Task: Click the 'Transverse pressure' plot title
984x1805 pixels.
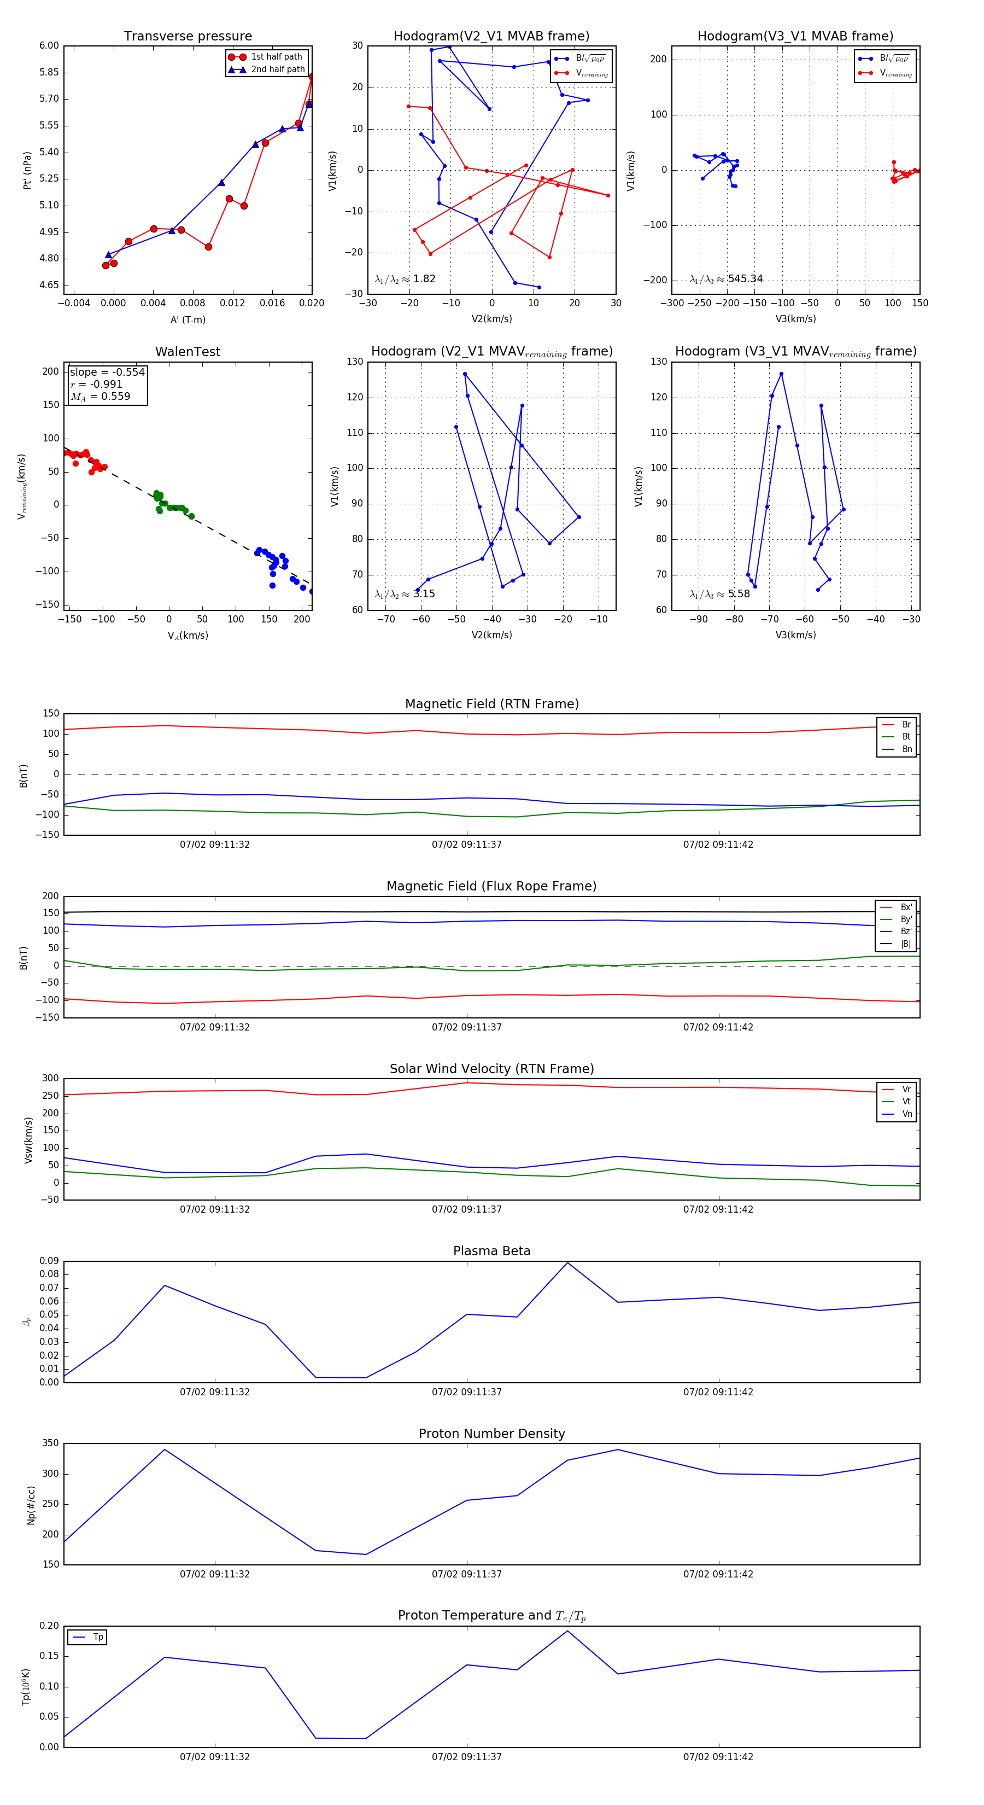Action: pyautogui.click(x=188, y=37)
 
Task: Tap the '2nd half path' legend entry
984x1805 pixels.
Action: pyautogui.click(x=277, y=69)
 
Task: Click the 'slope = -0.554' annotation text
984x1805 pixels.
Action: pyautogui.click(x=107, y=372)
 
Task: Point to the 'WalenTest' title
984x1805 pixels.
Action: pyautogui.click(x=188, y=352)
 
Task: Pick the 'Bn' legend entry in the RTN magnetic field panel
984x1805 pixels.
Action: pyautogui.click(x=906, y=749)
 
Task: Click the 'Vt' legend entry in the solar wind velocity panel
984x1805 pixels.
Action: pyautogui.click(x=906, y=1102)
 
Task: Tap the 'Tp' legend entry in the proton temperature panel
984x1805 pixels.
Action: pyautogui.click(x=98, y=1637)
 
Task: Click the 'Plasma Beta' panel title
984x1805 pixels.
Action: pyautogui.click(x=491, y=1251)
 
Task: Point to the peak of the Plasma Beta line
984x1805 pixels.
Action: pyautogui.click(x=567, y=1262)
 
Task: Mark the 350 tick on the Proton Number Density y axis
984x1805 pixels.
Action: pyautogui.click(x=50, y=1443)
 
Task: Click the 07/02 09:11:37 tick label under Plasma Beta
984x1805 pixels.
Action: pyautogui.click(x=466, y=1391)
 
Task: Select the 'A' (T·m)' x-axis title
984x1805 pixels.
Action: pyautogui.click(x=188, y=319)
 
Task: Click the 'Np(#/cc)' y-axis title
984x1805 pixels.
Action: pyautogui.click(x=31, y=1505)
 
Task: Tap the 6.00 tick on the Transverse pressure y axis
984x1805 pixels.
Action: pyautogui.click(x=49, y=45)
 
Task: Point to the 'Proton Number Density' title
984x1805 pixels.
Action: pyautogui.click(x=491, y=1434)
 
